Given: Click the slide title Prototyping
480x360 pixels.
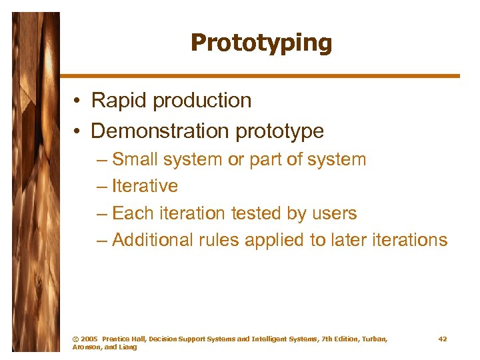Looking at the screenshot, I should (x=261, y=43).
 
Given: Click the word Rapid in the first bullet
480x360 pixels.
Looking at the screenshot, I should (x=119, y=101).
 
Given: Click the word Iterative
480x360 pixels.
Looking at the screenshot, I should (x=145, y=186).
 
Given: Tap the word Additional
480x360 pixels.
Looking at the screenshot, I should (x=153, y=240).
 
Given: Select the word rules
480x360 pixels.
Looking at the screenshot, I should (x=219, y=240).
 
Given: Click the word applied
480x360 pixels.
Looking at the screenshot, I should (x=275, y=241).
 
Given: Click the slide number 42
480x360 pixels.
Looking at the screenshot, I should (x=443, y=339).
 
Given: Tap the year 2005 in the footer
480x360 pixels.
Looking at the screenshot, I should (x=89, y=339).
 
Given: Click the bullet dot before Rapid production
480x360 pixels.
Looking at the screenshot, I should (x=78, y=101).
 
